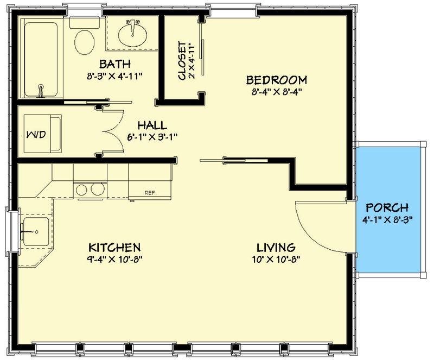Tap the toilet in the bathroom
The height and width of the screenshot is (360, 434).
tap(84, 42)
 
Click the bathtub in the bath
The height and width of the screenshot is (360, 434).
tap(41, 59)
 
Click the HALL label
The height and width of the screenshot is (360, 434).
tap(151, 125)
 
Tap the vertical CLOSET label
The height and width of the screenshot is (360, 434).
tap(182, 60)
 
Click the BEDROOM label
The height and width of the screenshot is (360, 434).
tap(277, 80)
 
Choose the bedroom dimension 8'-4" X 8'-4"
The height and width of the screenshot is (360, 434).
tap(277, 92)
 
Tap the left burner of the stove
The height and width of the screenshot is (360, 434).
tap(81, 190)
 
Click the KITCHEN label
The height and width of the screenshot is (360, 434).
tap(115, 247)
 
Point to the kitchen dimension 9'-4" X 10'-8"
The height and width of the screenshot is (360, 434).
tap(115, 259)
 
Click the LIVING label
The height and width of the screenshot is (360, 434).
tap(276, 247)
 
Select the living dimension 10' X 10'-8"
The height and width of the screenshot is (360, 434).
tap(276, 259)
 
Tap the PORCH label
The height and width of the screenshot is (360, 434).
tap(387, 208)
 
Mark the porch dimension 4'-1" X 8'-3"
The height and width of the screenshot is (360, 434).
tap(387, 220)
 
